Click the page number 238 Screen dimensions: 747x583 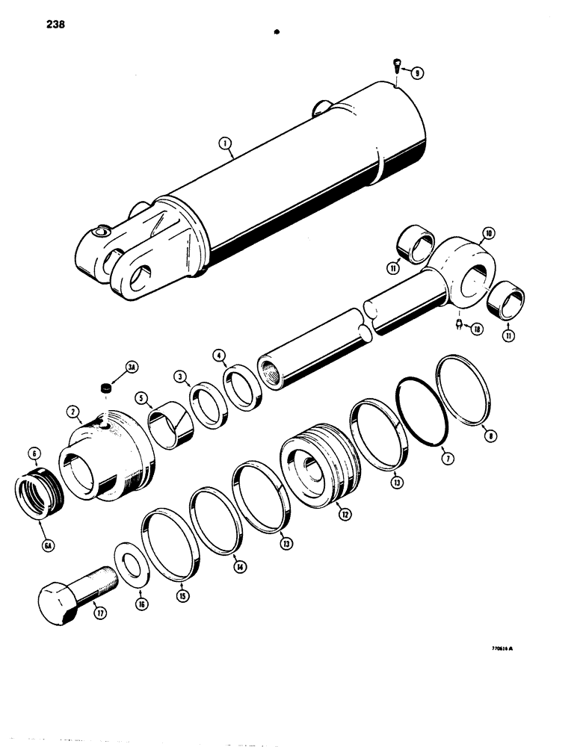(x=55, y=25)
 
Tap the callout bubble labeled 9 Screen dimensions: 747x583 (x=416, y=72)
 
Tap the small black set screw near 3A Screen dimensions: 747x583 (x=105, y=387)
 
